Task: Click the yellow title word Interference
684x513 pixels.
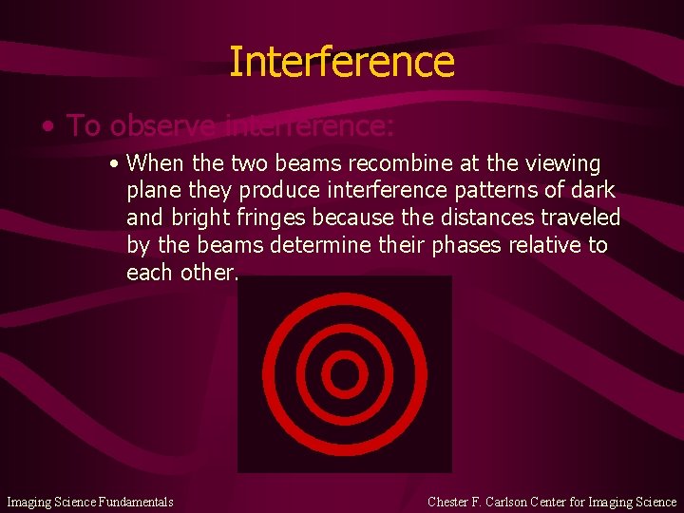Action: pos(342,62)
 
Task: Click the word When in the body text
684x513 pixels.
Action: pos(155,163)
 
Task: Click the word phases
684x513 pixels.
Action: pos(466,246)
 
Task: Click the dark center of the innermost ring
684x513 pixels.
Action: pos(344,373)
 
